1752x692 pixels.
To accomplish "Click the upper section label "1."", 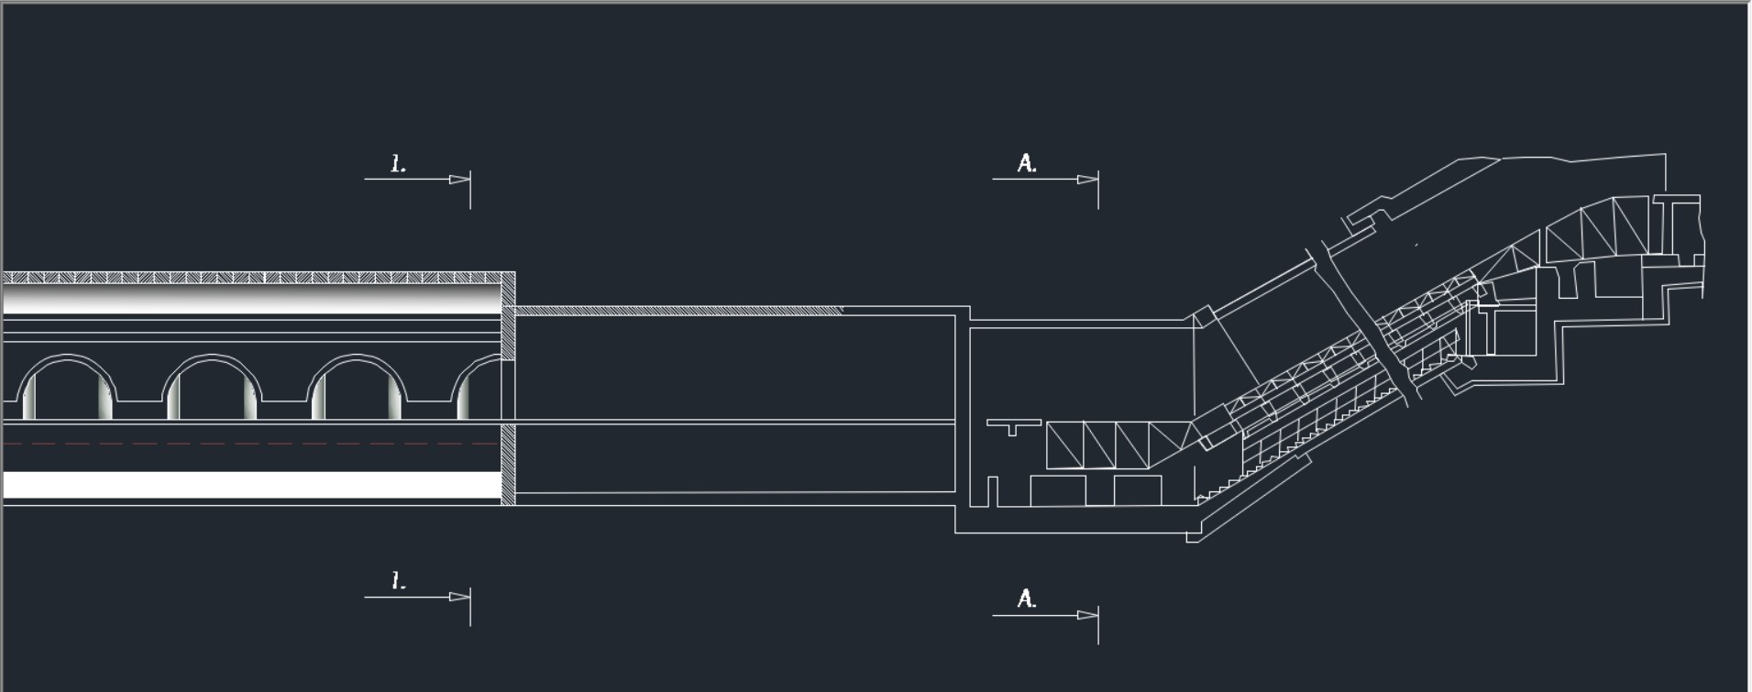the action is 398,165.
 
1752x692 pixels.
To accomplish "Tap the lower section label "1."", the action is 398,581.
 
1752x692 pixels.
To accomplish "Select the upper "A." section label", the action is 1027,163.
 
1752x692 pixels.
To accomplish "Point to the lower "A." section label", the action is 1027,599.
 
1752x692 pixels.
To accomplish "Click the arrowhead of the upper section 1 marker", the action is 459,180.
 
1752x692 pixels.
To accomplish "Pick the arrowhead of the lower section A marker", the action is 1087,615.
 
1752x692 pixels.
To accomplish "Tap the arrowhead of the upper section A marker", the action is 1087,180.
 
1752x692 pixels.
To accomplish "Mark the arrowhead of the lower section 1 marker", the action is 459,597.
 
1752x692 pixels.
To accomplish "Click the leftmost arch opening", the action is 67,357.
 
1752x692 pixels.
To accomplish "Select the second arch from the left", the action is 212,357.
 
